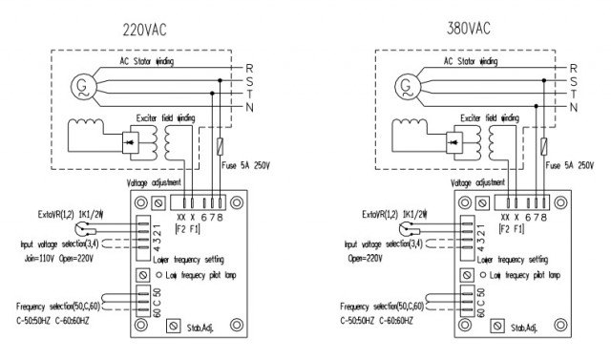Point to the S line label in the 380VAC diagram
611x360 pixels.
click(x=573, y=82)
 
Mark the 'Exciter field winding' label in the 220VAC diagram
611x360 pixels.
click(x=164, y=116)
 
